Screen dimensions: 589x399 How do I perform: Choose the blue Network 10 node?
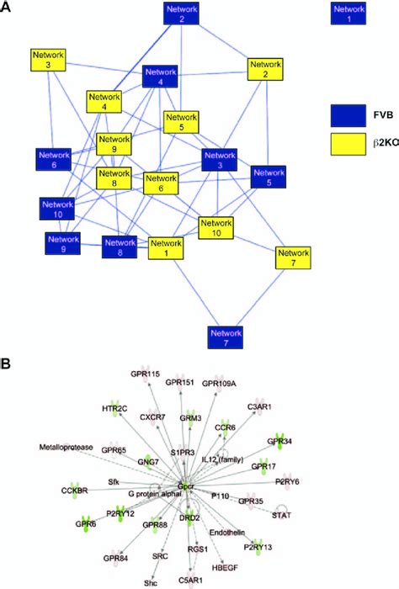point(58,208)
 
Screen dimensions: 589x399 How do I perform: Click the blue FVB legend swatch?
point(349,114)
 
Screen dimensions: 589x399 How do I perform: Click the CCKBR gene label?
point(75,489)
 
